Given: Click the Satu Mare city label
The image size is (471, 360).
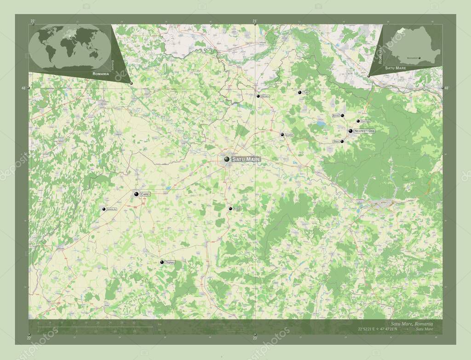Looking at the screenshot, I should click(x=246, y=159).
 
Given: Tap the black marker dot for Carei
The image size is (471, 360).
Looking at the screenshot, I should click(x=137, y=195).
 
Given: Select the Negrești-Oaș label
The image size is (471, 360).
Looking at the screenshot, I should click(x=364, y=131).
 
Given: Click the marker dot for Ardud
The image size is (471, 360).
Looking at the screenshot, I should click(x=230, y=209).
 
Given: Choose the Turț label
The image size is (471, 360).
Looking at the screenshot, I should click(x=306, y=93).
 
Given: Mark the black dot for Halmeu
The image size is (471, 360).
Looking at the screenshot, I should click(x=258, y=96).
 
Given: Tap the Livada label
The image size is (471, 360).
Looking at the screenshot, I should click(x=289, y=135).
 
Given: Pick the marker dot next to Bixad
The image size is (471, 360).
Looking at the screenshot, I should click(x=342, y=116).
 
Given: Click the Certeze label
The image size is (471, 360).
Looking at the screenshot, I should click(x=366, y=121).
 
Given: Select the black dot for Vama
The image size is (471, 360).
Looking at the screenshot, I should click(x=342, y=141).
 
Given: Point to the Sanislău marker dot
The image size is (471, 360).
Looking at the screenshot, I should click(x=104, y=209).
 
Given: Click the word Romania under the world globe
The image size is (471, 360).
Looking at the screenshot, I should click(x=101, y=74).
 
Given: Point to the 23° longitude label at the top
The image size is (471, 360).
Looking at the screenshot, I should click(x=255, y=21).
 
